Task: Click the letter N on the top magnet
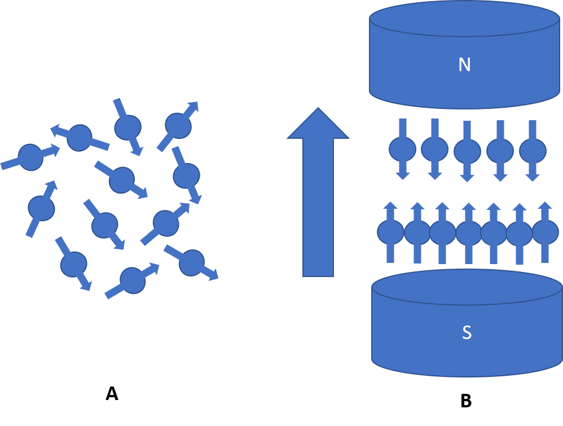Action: click(464, 65)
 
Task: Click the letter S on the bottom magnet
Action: click(467, 332)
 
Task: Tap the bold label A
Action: click(112, 394)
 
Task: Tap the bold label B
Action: click(466, 401)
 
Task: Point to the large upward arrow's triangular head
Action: click(318, 125)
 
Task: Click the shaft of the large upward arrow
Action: click(318, 208)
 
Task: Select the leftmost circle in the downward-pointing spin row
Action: click(402, 149)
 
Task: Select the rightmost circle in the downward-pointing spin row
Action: click(533, 151)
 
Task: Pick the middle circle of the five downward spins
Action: click(467, 151)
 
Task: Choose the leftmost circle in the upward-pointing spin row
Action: click(390, 232)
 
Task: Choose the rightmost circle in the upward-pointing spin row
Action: click(545, 232)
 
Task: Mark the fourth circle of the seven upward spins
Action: click(469, 233)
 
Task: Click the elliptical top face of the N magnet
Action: click(464, 18)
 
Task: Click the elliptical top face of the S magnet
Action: click(467, 287)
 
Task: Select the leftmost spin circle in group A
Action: click(30, 157)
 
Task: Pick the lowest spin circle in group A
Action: click(133, 280)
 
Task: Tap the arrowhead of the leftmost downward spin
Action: click(403, 176)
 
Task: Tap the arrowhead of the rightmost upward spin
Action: click(545, 205)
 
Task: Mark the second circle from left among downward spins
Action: click(434, 148)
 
